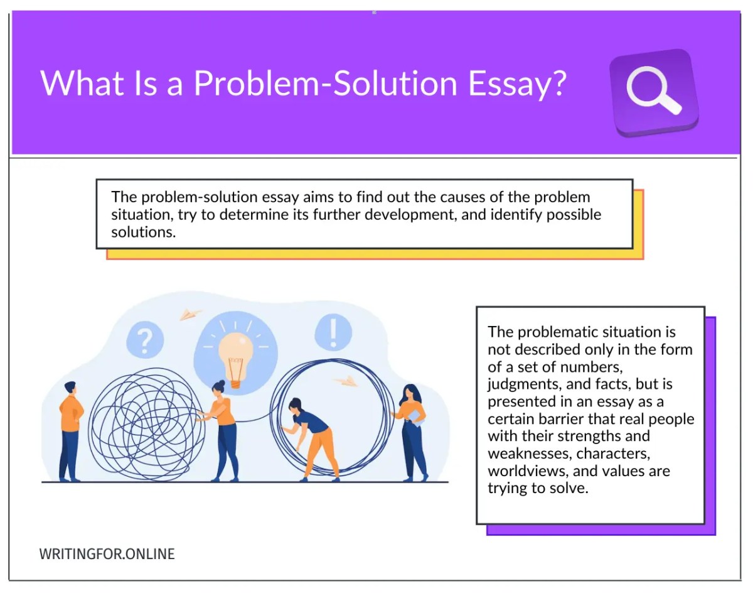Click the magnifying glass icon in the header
[653, 92]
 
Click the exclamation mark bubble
[333, 332]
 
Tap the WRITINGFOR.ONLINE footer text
[107, 554]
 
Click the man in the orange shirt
[70, 430]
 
